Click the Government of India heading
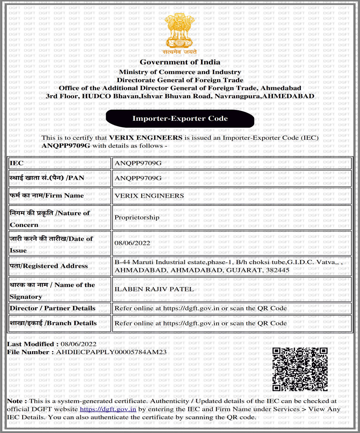coord(180,62)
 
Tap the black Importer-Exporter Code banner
coord(180,118)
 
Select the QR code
coord(300,369)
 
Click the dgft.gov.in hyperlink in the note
coord(108,409)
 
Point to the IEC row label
coord(17,163)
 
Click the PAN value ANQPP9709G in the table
coord(138,178)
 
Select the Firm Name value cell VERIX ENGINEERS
coord(149,196)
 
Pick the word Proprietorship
coord(137,217)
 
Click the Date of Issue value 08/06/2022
coord(132,243)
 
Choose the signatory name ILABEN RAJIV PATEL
coord(154,289)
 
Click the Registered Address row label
coord(49,266)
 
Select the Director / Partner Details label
coord(52,308)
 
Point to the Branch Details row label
coord(53,323)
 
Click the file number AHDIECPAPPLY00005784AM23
coord(111,352)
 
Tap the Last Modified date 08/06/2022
coord(78,344)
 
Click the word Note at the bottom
coord(14,401)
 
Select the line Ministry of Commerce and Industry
coord(180,72)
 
